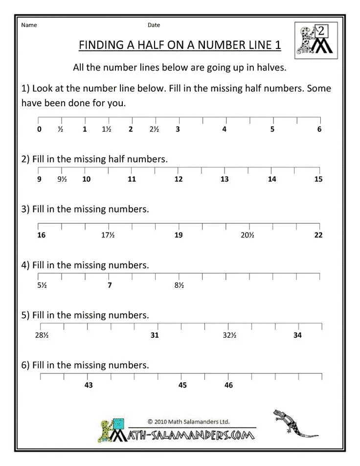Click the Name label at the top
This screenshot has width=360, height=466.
(x=29, y=25)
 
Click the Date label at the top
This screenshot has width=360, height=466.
(x=154, y=25)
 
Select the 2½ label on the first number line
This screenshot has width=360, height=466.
(x=154, y=130)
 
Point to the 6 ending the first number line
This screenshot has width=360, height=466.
(x=319, y=130)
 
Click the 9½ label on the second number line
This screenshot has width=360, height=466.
(x=62, y=179)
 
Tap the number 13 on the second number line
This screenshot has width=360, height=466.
(x=225, y=179)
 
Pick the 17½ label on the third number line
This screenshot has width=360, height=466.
(x=108, y=235)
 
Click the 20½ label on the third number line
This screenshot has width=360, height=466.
(x=247, y=235)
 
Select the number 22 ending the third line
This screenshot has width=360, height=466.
(x=318, y=235)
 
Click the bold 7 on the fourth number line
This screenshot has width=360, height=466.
(x=110, y=285)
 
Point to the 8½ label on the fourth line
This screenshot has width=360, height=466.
(x=179, y=285)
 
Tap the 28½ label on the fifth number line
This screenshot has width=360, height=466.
(x=41, y=335)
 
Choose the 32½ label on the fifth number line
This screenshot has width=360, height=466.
(x=229, y=335)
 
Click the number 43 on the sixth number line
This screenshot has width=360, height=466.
(x=89, y=385)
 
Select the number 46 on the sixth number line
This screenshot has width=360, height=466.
(x=228, y=385)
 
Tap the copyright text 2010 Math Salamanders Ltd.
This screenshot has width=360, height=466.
(x=188, y=421)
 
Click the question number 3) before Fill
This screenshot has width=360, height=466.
(x=26, y=210)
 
